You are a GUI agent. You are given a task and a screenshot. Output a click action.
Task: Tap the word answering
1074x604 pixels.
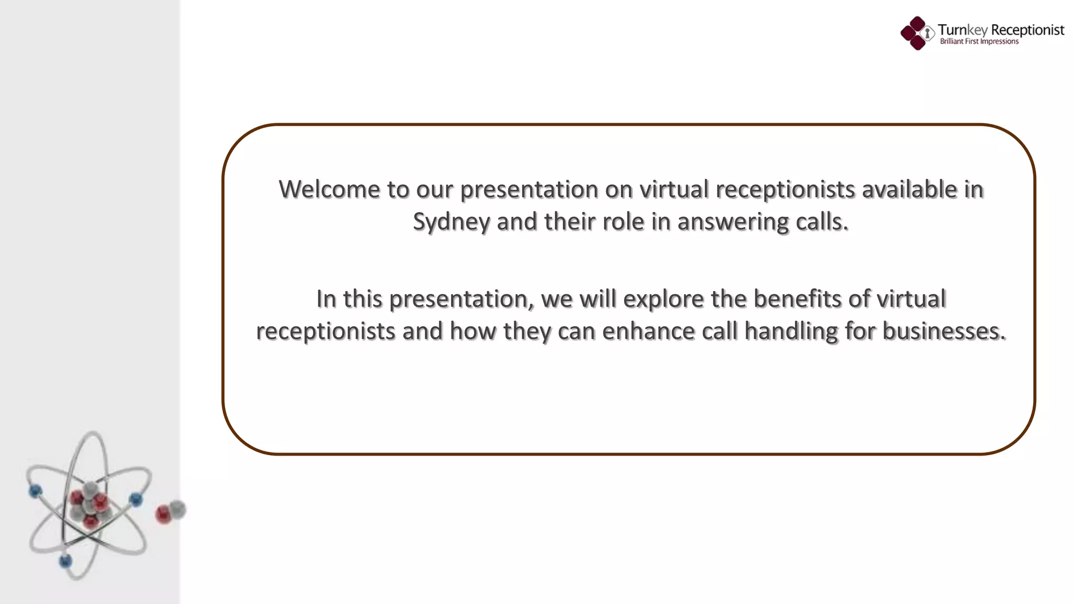733,222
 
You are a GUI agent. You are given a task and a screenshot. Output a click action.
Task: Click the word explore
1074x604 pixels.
663,299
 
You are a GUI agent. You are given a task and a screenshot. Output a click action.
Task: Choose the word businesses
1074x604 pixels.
944,331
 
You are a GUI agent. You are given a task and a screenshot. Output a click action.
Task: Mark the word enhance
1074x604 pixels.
648,331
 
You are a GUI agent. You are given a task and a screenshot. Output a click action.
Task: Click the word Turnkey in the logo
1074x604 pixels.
962,30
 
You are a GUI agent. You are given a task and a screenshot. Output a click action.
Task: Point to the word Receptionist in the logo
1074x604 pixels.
1028,30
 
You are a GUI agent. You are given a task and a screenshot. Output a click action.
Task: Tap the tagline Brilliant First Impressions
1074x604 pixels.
979,42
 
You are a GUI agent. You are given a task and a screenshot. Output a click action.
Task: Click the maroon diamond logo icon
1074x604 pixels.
917,33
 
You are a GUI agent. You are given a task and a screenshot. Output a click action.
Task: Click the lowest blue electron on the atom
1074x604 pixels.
66,562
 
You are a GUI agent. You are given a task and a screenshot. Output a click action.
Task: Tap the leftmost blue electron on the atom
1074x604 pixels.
35,491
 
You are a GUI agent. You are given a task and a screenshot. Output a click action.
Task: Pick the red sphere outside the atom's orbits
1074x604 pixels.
163,514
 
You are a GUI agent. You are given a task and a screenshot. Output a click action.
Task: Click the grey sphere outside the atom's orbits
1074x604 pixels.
178,509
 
